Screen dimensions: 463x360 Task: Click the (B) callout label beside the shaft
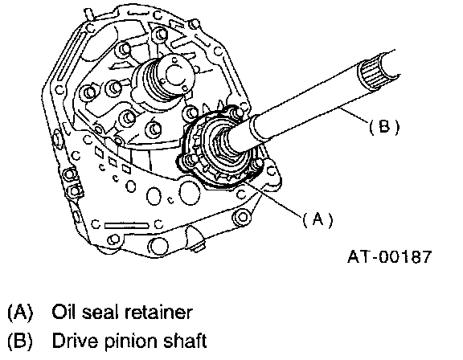384,127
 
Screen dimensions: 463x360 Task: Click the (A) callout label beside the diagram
318,219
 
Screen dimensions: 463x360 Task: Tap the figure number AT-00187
390,256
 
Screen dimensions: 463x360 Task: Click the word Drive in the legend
75,341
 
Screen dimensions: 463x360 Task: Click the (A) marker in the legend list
20,313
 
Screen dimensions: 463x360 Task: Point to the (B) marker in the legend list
20,341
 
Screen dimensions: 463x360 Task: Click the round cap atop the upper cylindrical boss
176,72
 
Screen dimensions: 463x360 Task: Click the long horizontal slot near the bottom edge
126,226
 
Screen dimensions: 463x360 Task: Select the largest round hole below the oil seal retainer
189,194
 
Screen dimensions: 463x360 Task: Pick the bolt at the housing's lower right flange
243,217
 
